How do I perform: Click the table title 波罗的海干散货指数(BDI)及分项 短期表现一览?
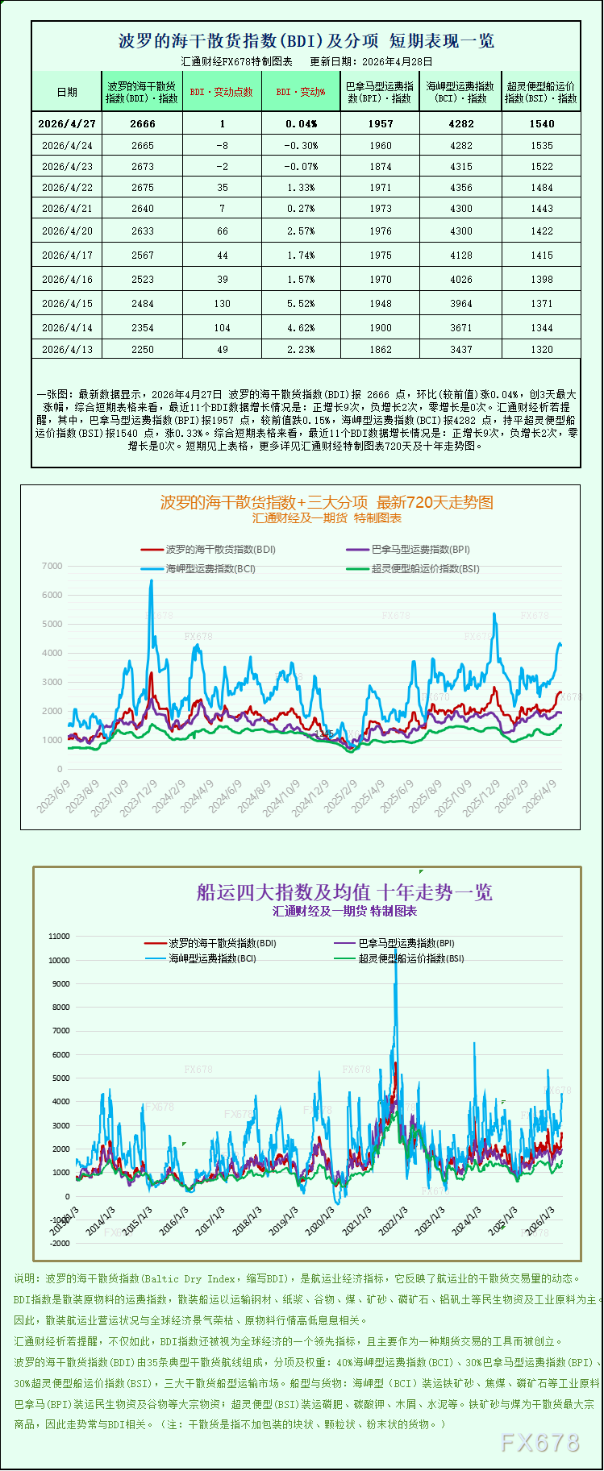(x=306, y=41)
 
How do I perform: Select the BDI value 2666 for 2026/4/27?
(x=143, y=123)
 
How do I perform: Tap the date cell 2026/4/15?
(x=67, y=304)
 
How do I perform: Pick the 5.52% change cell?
(x=301, y=304)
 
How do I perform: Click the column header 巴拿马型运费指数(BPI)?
(x=380, y=92)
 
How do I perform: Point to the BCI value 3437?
(x=461, y=350)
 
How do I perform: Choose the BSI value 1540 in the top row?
(x=542, y=123)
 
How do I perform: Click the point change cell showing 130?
(x=223, y=304)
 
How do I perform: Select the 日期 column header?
(x=67, y=92)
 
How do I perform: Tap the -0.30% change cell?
(x=301, y=146)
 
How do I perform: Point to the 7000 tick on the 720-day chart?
(x=52, y=566)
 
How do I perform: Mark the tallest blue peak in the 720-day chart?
(x=151, y=581)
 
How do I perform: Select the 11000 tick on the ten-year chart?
(x=60, y=937)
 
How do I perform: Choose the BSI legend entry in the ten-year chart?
(x=410, y=958)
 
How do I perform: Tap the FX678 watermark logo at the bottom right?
(x=540, y=1442)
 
